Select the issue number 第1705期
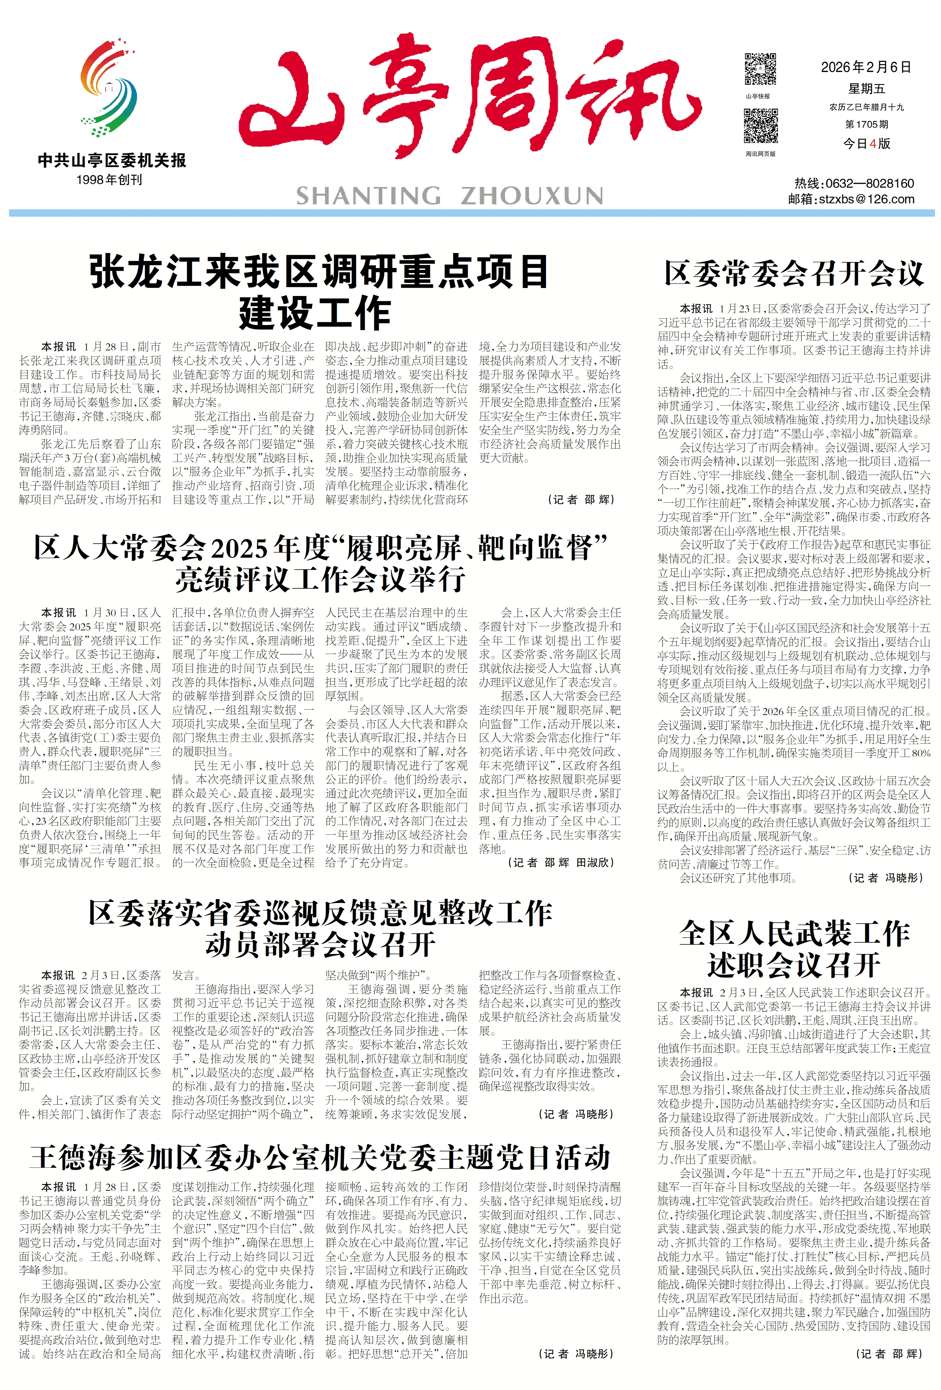tap(866, 124)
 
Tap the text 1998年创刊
tap(109, 179)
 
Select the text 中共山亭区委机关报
tap(112, 160)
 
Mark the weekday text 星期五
tap(866, 89)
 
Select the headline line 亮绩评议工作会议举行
tap(320, 578)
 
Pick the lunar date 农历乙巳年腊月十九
tap(866, 108)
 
